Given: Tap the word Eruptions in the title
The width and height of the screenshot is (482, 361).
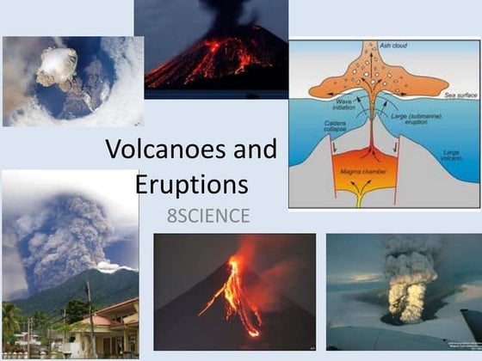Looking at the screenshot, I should click(x=191, y=184).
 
